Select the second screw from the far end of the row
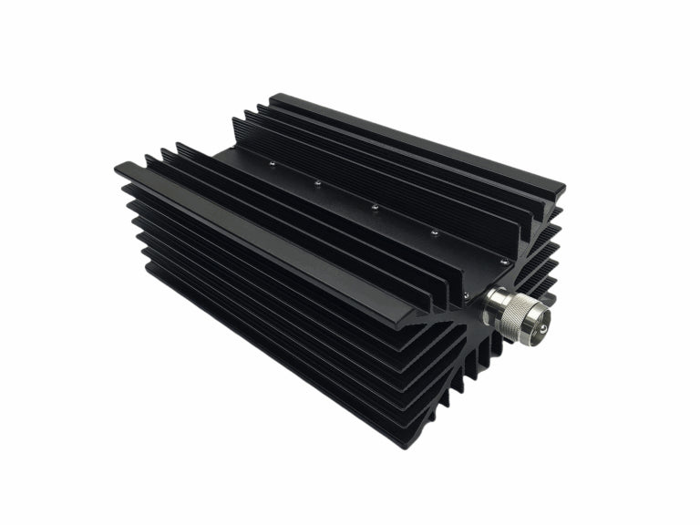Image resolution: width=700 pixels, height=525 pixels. coord(318,183)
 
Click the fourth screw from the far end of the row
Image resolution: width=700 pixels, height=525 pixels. coord(434,235)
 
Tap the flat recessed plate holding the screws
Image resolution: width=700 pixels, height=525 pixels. coord(365,214)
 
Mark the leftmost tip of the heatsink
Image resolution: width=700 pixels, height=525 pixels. coord(117,168)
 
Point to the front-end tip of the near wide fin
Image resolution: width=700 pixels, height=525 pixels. coord(409,322)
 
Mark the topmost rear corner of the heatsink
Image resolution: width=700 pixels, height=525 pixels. coord(272,95)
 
